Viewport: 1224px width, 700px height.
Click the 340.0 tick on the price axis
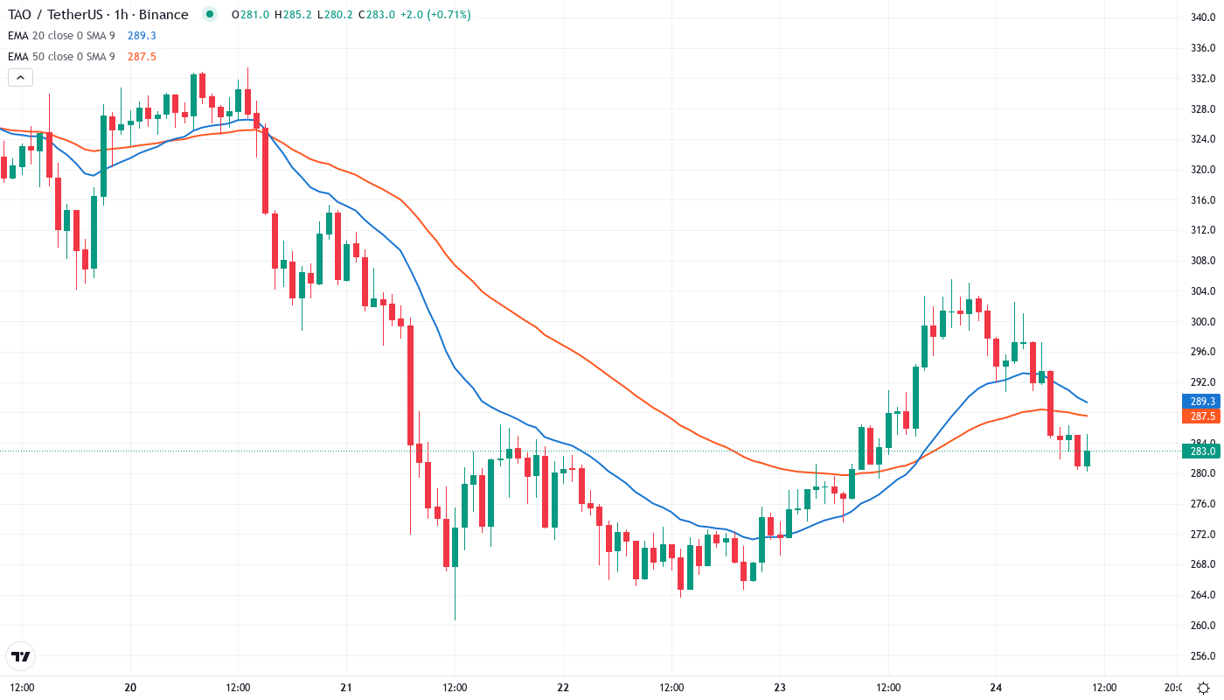(x=1203, y=17)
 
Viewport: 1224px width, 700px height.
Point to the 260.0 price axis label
(x=1203, y=626)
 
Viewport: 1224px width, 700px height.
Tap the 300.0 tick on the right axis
(x=1203, y=321)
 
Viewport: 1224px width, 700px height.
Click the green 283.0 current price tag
(x=1203, y=451)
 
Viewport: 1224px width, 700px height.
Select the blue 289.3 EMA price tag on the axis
(x=1203, y=402)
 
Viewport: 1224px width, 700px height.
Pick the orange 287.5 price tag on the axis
(x=1203, y=416)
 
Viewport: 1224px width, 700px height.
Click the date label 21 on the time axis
(x=346, y=687)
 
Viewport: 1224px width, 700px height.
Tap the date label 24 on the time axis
(x=996, y=687)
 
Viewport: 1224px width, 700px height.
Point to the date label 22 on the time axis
(x=563, y=687)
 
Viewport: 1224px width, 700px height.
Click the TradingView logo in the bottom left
(x=21, y=655)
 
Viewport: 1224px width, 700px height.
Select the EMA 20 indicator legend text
(x=61, y=36)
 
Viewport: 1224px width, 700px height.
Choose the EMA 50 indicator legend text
(x=61, y=57)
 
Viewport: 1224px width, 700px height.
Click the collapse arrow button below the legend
(x=20, y=77)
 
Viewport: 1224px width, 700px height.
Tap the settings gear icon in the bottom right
(x=1203, y=687)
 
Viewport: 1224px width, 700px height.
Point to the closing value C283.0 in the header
(x=376, y=15)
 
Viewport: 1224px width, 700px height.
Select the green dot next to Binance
(x=209, y=14)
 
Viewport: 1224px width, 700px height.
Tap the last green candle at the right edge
(x=1088, y=458)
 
